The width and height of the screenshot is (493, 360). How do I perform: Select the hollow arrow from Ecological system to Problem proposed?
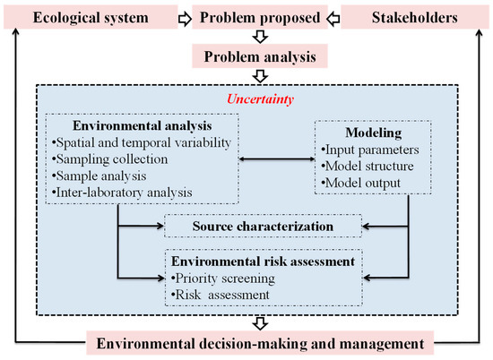tap(182, 17)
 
